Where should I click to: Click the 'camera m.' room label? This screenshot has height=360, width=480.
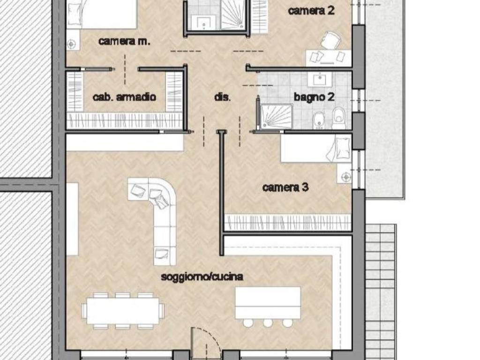pos(124,41)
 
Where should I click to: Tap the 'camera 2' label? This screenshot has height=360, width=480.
pos(311,11)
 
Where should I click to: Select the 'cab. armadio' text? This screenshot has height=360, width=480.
pos(124,97)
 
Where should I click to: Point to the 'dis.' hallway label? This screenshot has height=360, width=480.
pos(222,97)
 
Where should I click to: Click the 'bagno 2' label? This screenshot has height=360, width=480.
pos(314,97)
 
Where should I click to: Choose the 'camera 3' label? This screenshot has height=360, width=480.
pos(285,187)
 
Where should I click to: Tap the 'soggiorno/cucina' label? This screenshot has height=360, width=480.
pos(202,277)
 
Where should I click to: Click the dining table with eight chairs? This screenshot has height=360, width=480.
pos(123,310)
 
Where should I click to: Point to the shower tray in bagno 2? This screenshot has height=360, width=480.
pos(276,116)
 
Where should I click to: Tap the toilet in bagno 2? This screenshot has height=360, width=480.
pos(338,118)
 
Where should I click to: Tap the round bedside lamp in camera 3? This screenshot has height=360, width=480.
pos(346,177)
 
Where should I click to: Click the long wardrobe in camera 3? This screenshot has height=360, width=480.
pos(288,222)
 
